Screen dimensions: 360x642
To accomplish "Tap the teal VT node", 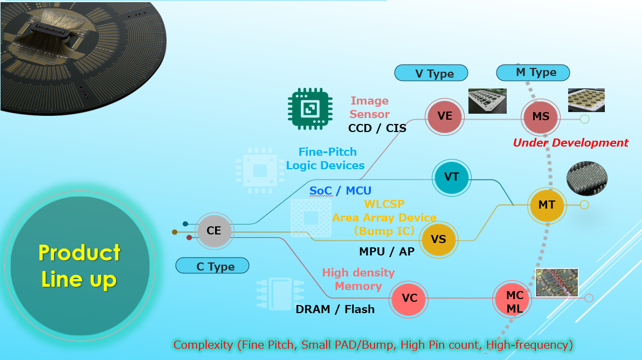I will point(452,176).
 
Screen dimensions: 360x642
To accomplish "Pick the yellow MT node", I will point(547,205).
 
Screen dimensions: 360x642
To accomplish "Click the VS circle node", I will point(439,239).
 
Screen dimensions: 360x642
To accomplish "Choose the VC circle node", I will point(409,298).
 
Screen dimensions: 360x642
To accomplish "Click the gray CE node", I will point(214,231).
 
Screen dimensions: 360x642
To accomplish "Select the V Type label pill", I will point(431,73).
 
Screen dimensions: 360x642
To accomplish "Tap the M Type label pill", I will point(533,72).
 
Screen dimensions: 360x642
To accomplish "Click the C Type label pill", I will point(212,266).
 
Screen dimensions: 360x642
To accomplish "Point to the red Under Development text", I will point(570,143).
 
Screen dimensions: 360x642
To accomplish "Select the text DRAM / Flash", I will point(335,309).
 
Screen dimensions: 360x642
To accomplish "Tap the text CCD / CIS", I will point(377,128).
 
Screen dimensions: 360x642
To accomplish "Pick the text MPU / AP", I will point(386,251).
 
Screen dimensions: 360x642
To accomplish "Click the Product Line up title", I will point(79,266).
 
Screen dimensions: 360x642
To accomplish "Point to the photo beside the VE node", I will point(487,101).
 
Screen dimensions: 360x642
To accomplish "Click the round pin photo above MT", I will point(587,178).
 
